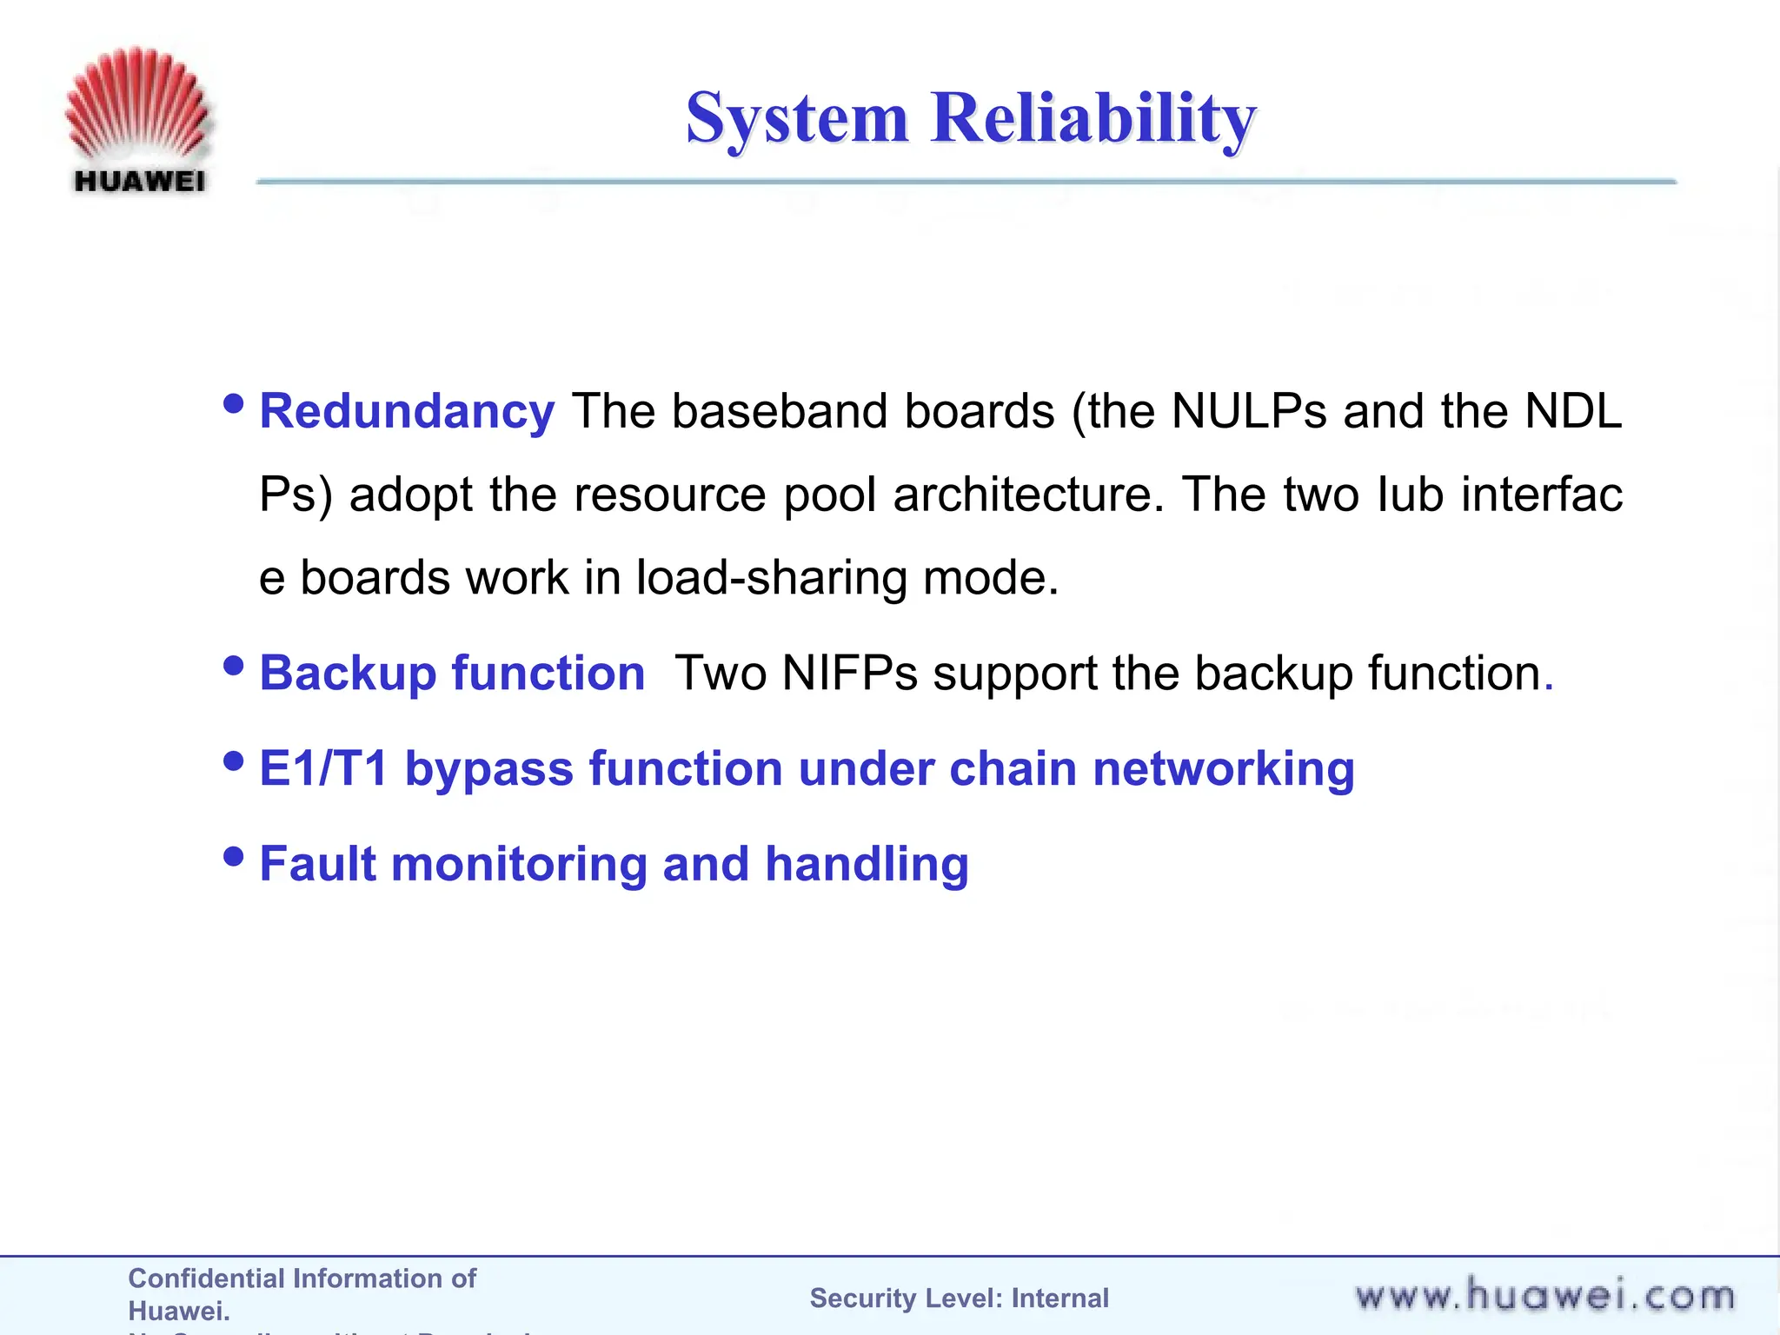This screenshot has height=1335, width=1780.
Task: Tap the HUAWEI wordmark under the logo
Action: tap(139, 181)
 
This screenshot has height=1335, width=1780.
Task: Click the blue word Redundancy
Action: tap(407, 411)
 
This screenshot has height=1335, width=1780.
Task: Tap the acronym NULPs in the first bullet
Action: tap(1248, 411)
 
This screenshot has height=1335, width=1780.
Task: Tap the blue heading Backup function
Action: tap(452, 674)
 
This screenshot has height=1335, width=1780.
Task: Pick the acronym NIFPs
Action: tap(849, 674)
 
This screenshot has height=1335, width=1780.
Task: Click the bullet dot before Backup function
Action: tap(233, 666)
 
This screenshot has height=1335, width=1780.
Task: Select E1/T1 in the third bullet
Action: tap(323, 769)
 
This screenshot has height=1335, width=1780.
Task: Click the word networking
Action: tap(1223, 769)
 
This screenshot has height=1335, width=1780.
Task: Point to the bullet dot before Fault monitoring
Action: tap(233, 857)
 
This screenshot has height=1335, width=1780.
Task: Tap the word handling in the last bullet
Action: tap(867, 865)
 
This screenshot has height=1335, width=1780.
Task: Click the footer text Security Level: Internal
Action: tap(959, 1298)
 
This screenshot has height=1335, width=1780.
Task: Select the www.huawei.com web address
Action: tap(1544, 1296)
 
